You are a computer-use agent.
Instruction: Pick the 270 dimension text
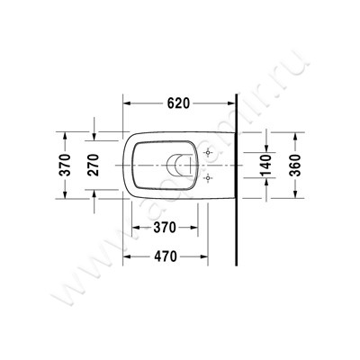click(92, 167)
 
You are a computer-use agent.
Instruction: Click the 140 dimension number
click(265, 167)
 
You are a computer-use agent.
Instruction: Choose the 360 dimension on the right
click(295, 167)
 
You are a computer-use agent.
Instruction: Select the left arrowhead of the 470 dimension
click(127, 255)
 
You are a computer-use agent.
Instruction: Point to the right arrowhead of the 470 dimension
click(232, 255)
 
